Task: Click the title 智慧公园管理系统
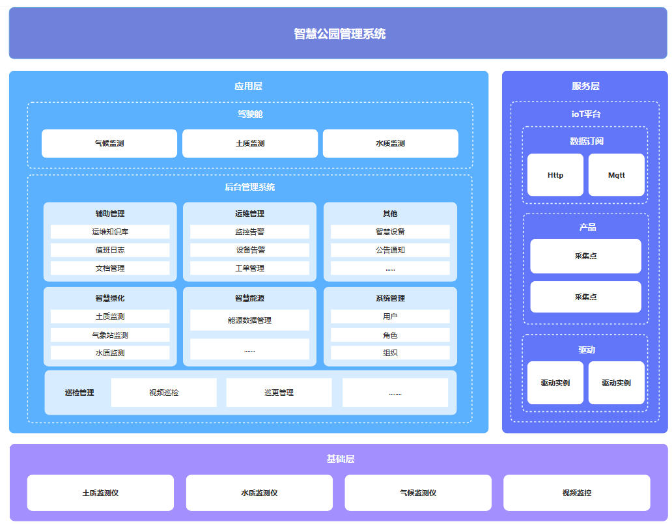click(339, 34)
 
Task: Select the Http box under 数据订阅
click(555, 175)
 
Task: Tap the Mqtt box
click(616, 175)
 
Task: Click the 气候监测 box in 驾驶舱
click(109, 143)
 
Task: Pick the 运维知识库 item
click(110, 232)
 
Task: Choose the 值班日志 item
click(110, 250)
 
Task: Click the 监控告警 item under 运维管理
click(250, 232)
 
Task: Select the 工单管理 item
click(250, 268)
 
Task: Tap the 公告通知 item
click(391, 250)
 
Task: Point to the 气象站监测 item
click(110, 335)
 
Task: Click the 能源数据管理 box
click(250, 320)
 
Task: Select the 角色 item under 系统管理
click(391, 335)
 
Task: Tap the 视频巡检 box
click(163, 393)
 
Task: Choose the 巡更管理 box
click(279, 393)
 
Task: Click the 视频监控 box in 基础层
click(577, 493)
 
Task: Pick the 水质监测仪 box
click(259, 493)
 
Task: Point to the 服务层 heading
click(585, 86)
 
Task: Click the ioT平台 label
click(586, 114)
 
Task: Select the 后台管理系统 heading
click(250, 187)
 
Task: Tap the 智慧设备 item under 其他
click(391, 232)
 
